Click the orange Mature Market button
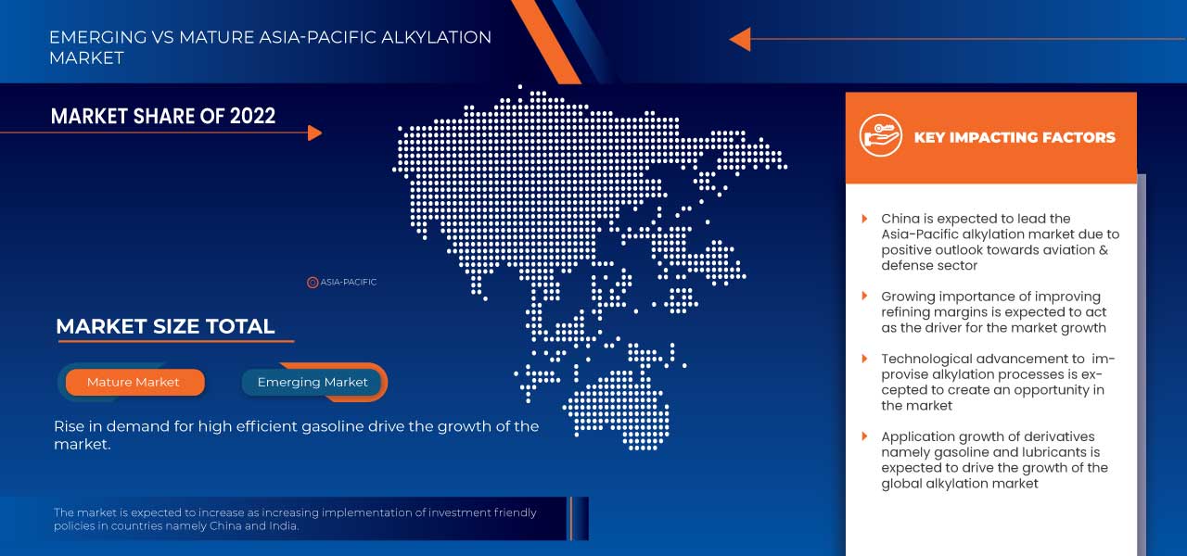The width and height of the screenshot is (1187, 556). [x=134, y=383]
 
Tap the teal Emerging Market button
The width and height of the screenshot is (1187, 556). [x=313, y=383]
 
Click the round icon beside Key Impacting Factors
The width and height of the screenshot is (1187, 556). [x=880, y=136]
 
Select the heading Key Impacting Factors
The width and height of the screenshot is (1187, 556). [x=1015, y=137]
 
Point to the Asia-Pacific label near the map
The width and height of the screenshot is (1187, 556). [x=349, y=282]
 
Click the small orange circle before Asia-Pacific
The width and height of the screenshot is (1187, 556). [x=313, y=282]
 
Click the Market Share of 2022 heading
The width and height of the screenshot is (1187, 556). [x=163, y=116]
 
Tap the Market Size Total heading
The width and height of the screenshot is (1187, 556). [x=165, y=326]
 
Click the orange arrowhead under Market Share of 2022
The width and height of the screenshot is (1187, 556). [x=314, y=133]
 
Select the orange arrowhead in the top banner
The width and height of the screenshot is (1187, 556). [x=740, y=39]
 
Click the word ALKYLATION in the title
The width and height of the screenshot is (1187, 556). [x=439, y=38]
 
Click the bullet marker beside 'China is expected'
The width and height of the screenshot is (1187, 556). [x=864, y=219]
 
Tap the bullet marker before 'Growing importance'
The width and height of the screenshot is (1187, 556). [x=864, y=297]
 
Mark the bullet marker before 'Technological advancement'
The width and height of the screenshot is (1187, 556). [x=864, y=359]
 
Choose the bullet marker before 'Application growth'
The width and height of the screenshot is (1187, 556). [x=864, y=436]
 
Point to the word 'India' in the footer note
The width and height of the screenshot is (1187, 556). [x=283, y=526]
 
